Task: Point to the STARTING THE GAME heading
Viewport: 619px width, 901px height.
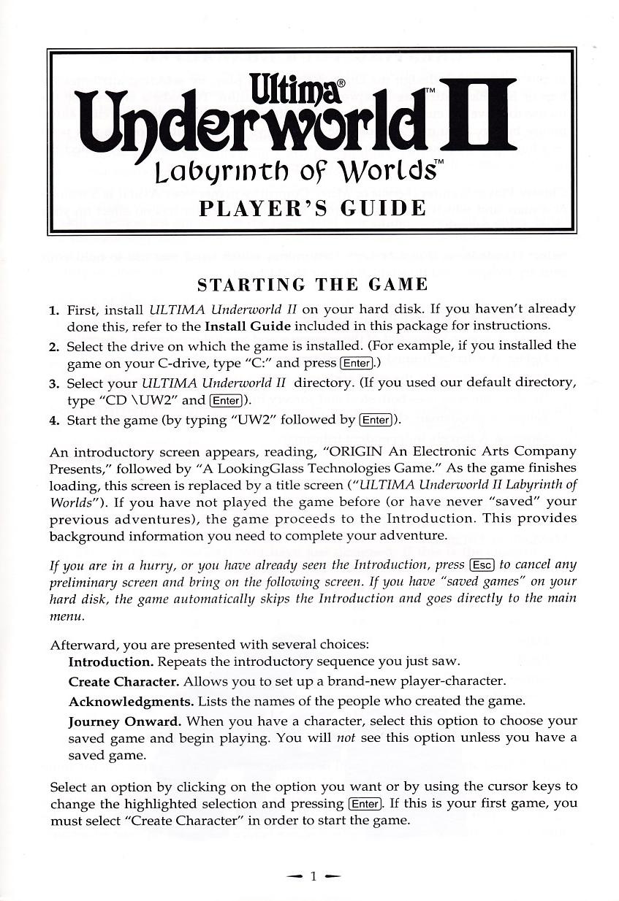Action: [313, 283]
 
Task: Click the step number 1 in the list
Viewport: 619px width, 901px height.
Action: [53, 310]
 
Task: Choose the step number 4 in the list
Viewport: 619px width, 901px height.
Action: [53, 421]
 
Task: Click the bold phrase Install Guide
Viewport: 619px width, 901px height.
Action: [248, 326]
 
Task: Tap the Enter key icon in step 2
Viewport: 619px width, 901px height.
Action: [357, 364]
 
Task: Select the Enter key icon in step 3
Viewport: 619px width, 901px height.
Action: [225, 400]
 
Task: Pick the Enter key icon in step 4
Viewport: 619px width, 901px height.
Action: [376, 420]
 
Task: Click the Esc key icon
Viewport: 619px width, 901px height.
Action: [482, 564]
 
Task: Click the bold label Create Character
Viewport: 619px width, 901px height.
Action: [124, 681]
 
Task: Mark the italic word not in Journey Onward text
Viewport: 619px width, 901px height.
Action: [345, 738]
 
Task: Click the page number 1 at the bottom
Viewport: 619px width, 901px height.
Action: [312, 876]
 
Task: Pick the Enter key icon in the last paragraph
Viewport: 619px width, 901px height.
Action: [364, 804]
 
